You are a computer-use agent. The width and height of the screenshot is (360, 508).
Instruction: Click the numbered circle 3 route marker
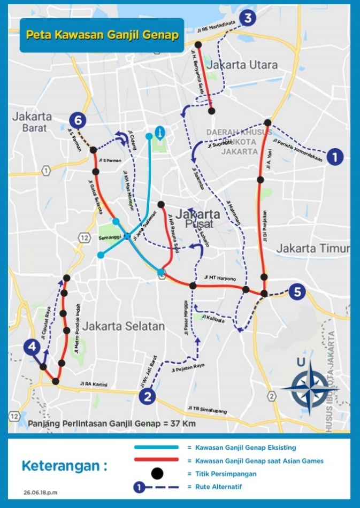click(248, 18)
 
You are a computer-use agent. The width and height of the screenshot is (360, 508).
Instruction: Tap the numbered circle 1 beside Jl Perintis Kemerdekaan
click(334, 157)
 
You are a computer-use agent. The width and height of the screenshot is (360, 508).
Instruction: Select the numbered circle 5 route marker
click(298, 292)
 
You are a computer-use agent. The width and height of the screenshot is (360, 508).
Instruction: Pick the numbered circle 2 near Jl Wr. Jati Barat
click(147, 396)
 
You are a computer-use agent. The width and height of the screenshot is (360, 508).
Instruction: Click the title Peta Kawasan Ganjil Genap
click(102, 35)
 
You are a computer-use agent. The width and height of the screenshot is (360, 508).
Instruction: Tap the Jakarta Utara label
click(243, 65)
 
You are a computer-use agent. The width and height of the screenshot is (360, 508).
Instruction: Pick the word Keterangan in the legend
click(64, 465)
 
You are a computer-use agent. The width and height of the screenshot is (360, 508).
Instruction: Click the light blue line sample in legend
click(157, 447)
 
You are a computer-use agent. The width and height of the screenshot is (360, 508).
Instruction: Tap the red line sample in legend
click(157, 460)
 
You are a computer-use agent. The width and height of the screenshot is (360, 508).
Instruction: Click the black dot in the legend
click(157, 473)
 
